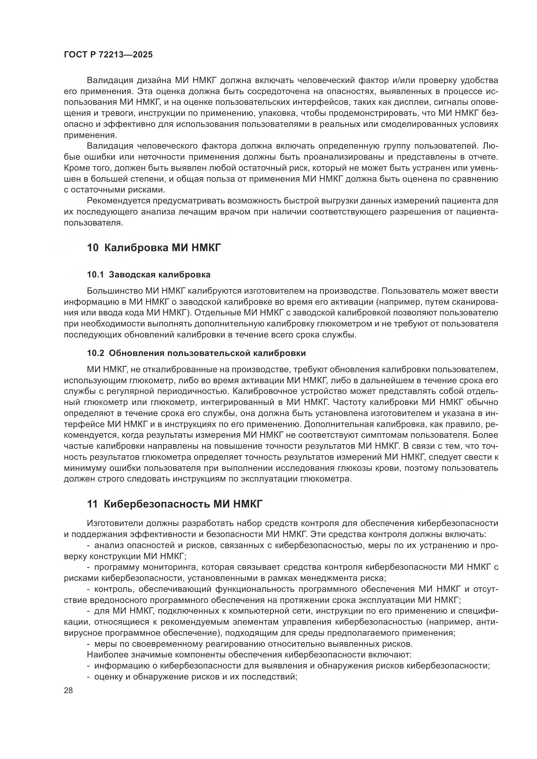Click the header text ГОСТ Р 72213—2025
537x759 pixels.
point(108,55)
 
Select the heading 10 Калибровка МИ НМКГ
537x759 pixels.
point(154,248)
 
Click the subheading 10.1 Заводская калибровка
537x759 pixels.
point(148,275)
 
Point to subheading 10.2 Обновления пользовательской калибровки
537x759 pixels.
point(196,353)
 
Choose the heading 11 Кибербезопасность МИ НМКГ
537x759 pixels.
point(175,504)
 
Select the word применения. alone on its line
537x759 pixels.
point(90,135)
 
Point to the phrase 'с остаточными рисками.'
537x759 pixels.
point(114,190)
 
